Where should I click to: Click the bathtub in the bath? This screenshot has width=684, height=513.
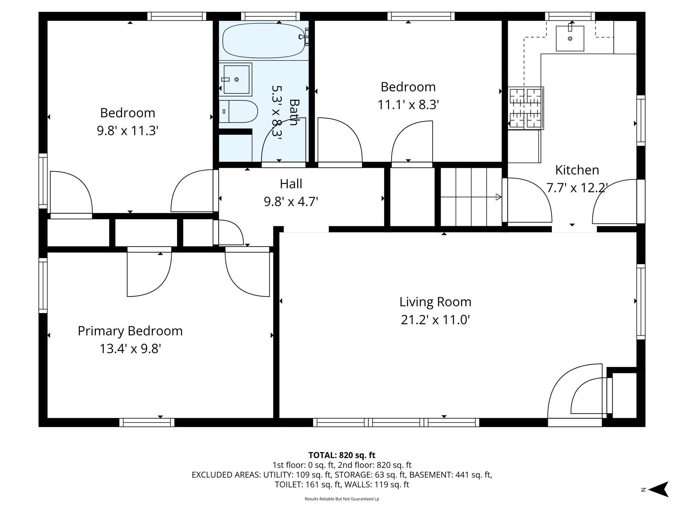click(264, 40)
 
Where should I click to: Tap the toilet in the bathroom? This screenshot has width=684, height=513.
click(238, 111)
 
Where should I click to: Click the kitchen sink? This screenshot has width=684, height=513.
click(570, 38)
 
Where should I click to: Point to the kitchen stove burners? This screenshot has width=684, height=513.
click(525, 108)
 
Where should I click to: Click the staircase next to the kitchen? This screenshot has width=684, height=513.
click(471, 197)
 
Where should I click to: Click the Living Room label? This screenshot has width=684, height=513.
click(435, 302)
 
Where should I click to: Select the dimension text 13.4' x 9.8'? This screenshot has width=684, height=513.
click(130, 349)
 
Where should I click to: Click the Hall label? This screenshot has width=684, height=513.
click(291, 184)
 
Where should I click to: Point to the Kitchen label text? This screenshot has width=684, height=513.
click(577, 170)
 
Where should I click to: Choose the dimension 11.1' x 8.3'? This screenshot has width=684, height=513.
click(408, 105)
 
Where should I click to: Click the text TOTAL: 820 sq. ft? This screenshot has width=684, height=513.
click(342, 455)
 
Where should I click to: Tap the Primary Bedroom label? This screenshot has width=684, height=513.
click(130, 331)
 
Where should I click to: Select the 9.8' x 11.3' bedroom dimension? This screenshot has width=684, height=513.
click(128, 131)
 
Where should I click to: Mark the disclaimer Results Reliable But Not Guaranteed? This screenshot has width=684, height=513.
click(342, 499)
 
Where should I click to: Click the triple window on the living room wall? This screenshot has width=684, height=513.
click(396, 422)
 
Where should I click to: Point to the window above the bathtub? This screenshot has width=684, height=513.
click(270, 16)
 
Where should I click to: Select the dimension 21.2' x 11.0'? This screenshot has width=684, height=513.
click(435, 320)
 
